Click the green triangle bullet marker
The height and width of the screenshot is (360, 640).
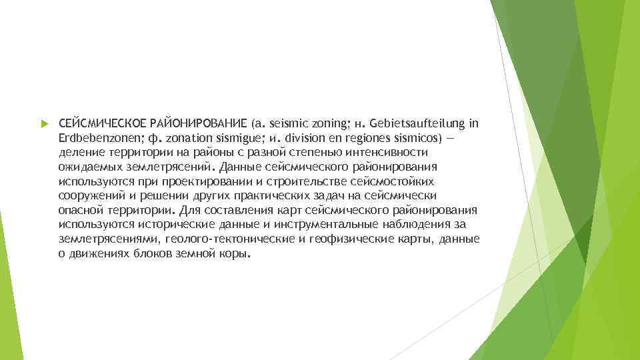43,124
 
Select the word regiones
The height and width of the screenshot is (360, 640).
366,138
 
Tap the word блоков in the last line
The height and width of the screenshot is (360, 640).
155,254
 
